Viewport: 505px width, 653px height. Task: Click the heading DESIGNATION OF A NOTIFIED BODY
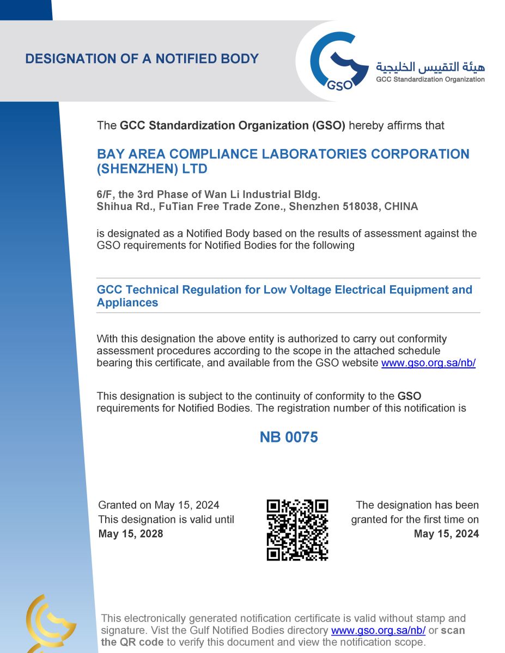point(142,59)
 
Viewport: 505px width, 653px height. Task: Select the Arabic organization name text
point(430,67)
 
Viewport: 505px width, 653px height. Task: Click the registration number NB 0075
point(288,437)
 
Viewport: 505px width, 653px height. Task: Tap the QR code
point(297,529)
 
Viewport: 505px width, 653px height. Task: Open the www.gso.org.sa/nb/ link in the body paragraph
point(428,363)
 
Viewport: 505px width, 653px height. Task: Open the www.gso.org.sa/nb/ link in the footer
point(378,630)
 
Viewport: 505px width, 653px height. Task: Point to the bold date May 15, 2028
point(131,534)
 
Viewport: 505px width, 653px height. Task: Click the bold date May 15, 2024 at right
point(446,534)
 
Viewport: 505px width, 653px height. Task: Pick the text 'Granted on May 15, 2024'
point(159,506)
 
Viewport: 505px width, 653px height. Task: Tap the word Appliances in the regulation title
point(127,303)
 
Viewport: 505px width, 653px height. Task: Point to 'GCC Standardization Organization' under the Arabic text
point(430,79)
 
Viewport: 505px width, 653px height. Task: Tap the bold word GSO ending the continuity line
point(409,396)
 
